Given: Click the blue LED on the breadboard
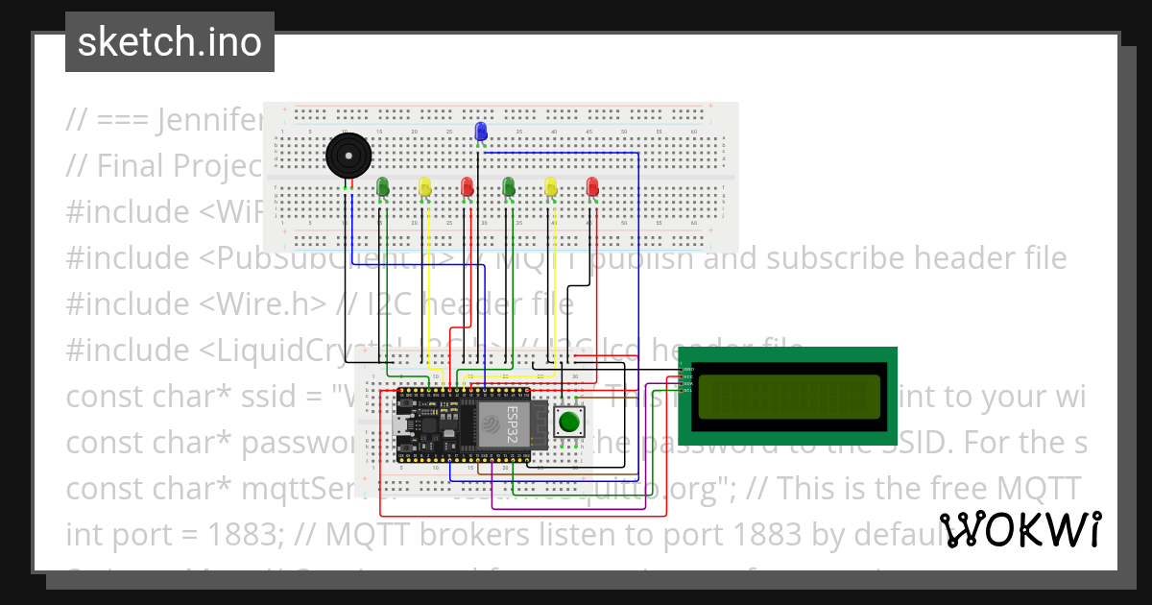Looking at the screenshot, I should [x=481, y=132].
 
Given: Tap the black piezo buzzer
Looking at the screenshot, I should [x=347, y=155].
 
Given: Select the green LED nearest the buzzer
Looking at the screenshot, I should [x=383, y=186].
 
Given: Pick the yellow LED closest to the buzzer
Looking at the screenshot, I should [x=425, y=186].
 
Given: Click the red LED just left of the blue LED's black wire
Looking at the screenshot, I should [x=468, y=186].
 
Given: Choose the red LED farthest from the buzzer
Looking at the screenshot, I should [x=592, y=186].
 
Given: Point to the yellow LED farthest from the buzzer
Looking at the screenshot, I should [x=551, y=186].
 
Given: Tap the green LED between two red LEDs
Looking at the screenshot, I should [x=509, y=186].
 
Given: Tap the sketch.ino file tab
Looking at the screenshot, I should [x=170, y=42].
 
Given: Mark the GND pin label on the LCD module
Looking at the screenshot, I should [x=687, y=369].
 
